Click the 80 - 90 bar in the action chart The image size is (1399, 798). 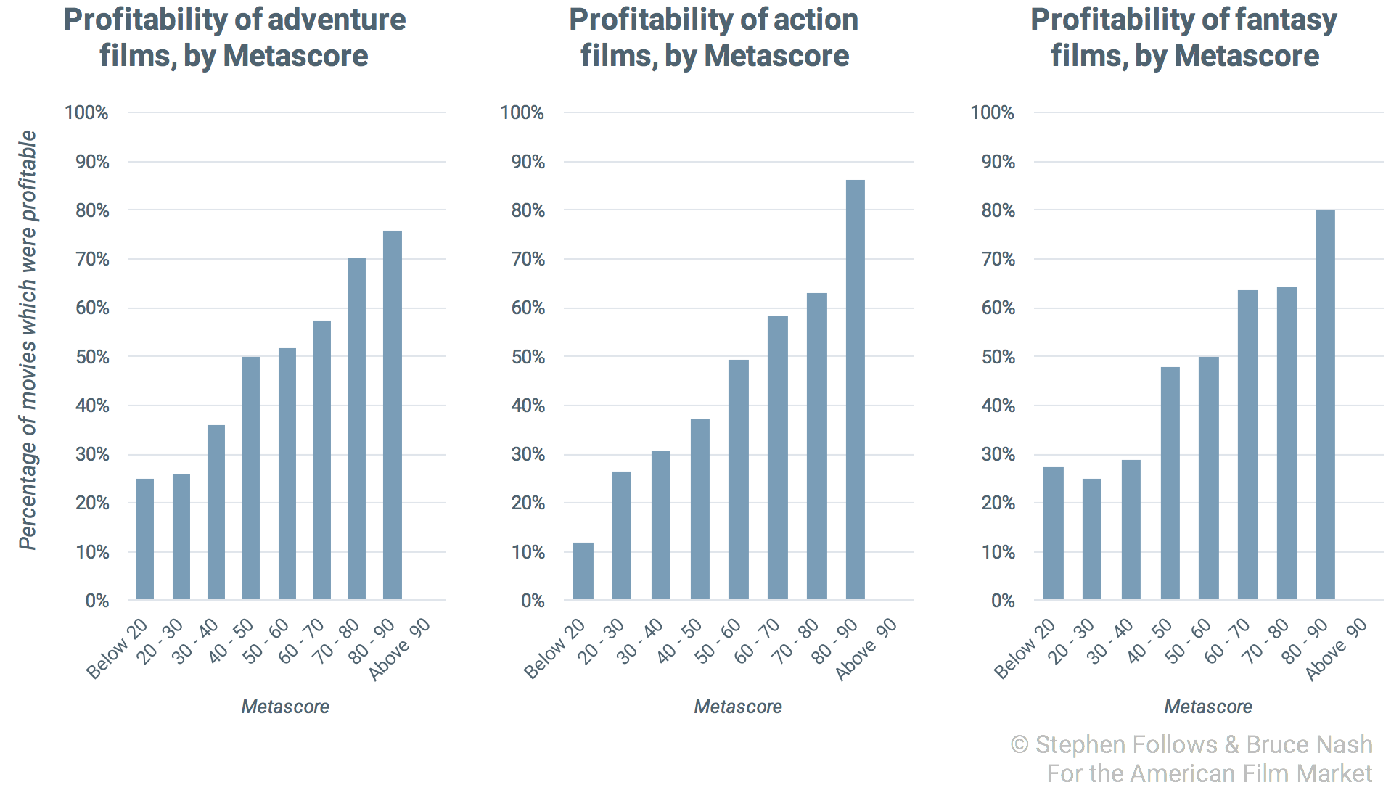click(856, 390)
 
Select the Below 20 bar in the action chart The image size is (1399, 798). click(583, 571)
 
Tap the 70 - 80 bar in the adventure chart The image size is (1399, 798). click(357, 429)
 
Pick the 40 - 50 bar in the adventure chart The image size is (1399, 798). click(251, 478)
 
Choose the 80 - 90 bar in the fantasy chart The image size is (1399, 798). click(1325, 405)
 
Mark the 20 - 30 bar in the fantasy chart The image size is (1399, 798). click(1091, 539)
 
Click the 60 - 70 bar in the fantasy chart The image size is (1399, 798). click(1247, 445)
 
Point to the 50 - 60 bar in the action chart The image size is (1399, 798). click(739, 480)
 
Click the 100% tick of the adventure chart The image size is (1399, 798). click(86, 112)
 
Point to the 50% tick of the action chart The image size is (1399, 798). click(528, 357)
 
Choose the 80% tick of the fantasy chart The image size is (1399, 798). click(998, 210)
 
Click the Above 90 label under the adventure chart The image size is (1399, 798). click(400, 650)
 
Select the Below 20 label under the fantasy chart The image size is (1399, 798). click(1024, 650)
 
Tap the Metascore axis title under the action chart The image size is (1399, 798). click(738, 707)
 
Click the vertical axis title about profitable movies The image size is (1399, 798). click(28, 341)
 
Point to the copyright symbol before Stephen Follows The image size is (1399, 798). click(1019, 745)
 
